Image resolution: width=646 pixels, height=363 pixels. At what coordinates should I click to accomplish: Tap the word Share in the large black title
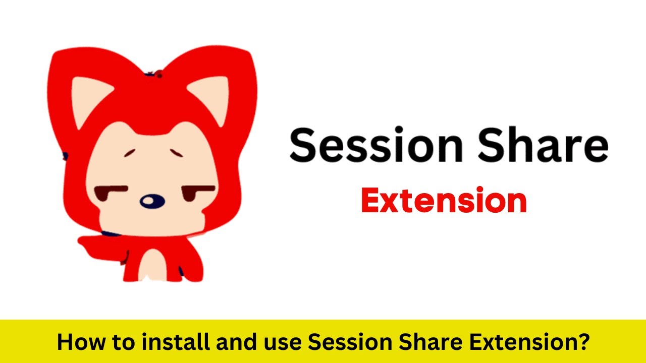coord(543,144)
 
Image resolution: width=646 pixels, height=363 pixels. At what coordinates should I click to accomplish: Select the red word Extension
coord(444,201)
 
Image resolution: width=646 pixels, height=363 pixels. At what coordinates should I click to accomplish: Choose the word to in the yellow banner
coord(114,342)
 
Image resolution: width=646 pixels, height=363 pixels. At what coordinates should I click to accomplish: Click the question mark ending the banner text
coord(583,342)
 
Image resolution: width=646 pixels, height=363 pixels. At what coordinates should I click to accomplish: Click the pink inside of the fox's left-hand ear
coord(85,98)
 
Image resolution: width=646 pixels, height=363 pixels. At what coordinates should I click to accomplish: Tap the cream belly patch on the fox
coord(151,265)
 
